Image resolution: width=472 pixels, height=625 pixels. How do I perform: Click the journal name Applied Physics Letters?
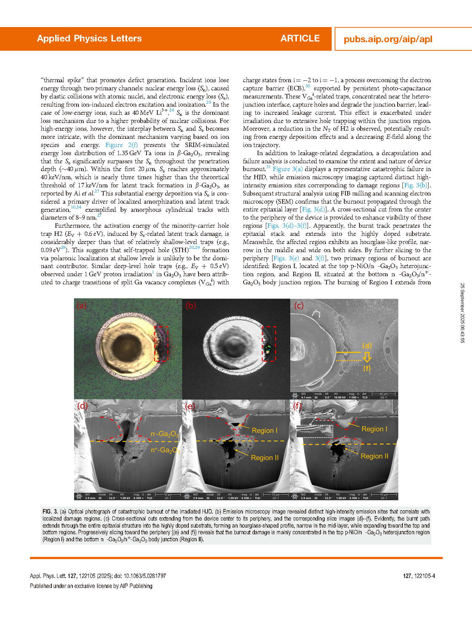(89, 39)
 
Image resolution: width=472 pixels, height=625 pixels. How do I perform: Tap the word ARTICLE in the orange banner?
(300, 39)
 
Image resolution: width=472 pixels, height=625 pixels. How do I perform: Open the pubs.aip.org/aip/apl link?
(388, 39)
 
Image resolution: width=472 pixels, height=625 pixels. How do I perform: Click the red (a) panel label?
(81, 305)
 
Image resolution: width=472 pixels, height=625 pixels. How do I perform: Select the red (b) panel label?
(190, 305)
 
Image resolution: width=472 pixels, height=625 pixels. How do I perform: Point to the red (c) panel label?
(298, 305)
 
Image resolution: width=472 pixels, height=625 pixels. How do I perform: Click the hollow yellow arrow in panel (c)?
(366, 357)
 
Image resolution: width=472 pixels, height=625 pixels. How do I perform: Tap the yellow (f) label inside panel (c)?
(366, 368)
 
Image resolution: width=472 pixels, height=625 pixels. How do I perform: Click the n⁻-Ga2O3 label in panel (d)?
(164, 434)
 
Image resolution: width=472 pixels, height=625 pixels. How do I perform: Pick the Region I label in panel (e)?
(264, 431)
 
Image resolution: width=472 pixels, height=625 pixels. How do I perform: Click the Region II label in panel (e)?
(264, 458)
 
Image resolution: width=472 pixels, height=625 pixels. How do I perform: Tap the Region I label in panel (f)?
(374, 429)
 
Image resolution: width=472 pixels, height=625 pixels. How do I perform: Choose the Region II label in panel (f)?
(374, 456)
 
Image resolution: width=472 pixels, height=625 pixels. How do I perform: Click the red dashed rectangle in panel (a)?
(161, 344)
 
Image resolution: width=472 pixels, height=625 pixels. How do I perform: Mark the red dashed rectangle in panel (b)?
(269, 344)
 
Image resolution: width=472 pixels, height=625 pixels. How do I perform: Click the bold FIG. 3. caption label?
(50, 512)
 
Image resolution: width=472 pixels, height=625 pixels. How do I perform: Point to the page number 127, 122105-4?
(419, 576)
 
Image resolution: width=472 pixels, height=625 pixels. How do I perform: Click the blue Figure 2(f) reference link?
(121, 145)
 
